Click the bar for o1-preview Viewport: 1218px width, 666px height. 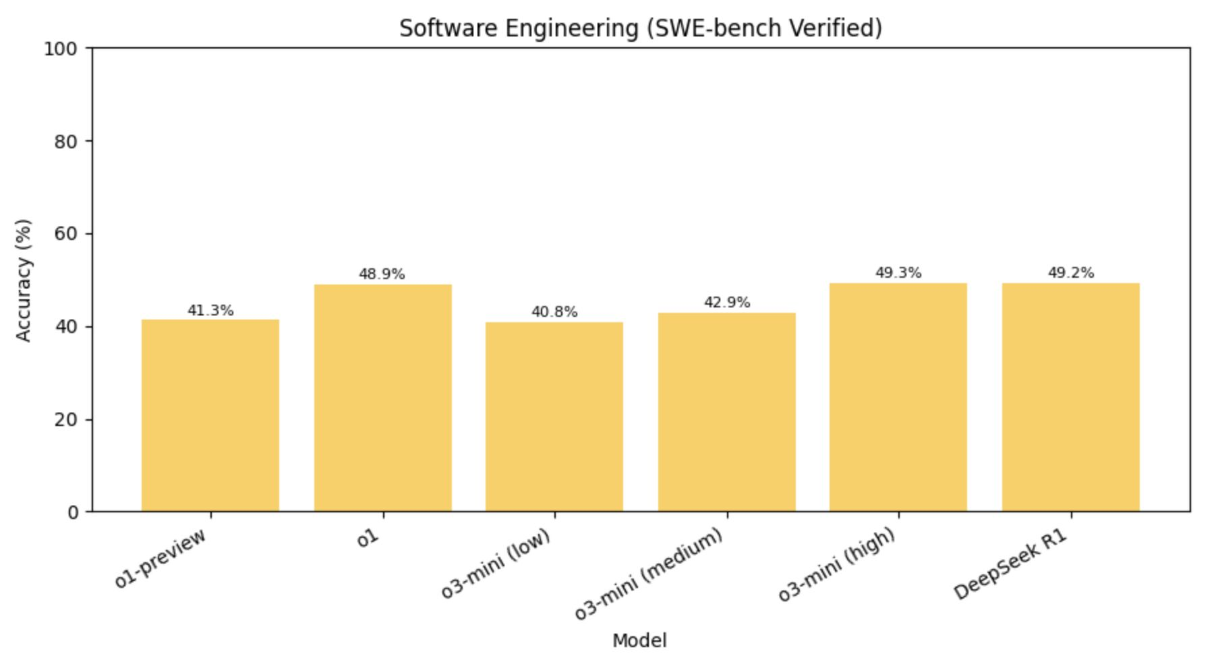point(210,415)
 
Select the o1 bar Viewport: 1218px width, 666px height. point(382,398)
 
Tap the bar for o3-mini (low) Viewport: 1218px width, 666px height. point(554,417)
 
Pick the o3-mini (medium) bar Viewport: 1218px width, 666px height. point(726,412)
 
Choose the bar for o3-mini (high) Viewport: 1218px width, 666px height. point(898,397)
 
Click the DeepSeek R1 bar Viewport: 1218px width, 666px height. point(1071,397)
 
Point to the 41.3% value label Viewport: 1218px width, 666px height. point(210,311)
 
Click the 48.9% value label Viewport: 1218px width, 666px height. point(382,274)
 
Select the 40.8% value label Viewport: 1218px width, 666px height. point(554,312)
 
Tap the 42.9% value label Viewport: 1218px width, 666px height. point(726,303)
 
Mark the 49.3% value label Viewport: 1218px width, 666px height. point(898,273)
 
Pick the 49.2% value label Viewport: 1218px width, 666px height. point(1071,273)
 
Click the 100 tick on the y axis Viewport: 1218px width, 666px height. point(61,49)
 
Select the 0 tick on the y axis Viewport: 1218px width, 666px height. point(73,512)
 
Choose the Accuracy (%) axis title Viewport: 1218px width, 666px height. point(24,280)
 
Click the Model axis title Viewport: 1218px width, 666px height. point(639,641)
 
